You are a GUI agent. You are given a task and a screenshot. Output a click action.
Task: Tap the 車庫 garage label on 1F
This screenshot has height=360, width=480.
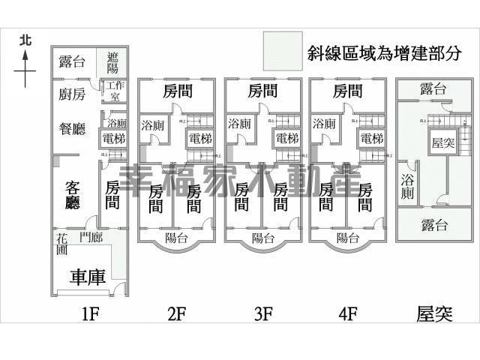(x=87, y=277)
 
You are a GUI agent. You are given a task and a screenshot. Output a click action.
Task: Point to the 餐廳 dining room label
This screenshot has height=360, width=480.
(x=73, y=128)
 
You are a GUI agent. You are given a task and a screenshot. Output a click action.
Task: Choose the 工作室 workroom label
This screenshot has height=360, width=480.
(x=113, y=90)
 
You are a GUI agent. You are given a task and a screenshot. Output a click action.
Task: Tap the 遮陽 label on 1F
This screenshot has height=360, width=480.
(x=113, y=61)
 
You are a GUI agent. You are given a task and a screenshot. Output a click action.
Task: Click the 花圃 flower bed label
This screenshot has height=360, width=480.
(x=61, y=244)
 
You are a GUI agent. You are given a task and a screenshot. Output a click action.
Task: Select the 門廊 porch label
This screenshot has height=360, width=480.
(x=91, y=238)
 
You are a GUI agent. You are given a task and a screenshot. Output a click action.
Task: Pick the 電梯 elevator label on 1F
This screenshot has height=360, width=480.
(x=115, y=139)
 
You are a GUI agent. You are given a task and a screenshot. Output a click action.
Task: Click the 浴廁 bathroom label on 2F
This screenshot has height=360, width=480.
(x=154, y=124)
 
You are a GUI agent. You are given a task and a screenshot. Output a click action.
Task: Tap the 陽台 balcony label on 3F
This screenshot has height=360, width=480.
(x=262, y=238)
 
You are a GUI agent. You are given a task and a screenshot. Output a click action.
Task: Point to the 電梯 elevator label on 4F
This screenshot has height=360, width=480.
(x=371, y=139)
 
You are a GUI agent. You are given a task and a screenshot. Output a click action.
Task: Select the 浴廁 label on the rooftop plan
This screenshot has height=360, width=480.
(x=408, y=186)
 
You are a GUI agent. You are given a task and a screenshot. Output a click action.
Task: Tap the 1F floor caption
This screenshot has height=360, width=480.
(x=90, y=314)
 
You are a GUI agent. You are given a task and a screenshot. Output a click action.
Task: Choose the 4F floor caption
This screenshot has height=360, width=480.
(x=346, y=314)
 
